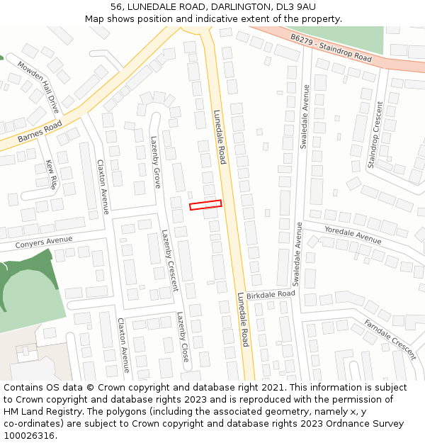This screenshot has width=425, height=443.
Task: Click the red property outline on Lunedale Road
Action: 205,205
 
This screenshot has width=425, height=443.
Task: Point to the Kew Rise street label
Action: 51,174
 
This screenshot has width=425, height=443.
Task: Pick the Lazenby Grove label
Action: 155,162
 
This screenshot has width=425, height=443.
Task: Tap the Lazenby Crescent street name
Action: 169,260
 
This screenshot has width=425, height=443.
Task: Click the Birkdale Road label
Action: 271,294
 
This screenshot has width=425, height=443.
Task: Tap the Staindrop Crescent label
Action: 375,135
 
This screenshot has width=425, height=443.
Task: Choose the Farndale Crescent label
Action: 390,339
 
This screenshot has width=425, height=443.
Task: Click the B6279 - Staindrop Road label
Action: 331,47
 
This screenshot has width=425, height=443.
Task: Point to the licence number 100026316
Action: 28,435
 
